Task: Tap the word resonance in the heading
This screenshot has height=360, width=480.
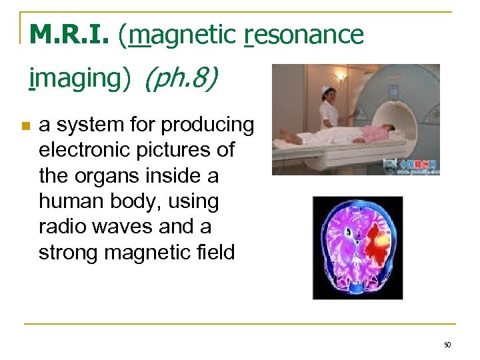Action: [x=305, y=35]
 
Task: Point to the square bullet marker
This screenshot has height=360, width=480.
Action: [x=25, y=126]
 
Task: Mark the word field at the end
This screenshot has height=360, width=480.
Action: [x=214, y=253]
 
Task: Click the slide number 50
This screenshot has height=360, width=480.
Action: [x=447, y=345]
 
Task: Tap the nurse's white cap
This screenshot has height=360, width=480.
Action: [x=326, y=88]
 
